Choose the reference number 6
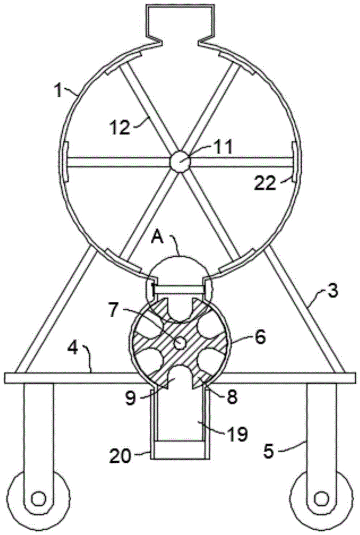point(259,337)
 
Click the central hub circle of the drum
point(179,161)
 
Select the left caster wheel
point(39,498)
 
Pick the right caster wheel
point(321,498)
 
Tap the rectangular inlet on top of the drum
point(179,21)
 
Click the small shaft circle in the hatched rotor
point(181,341)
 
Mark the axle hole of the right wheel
point(321,499)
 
